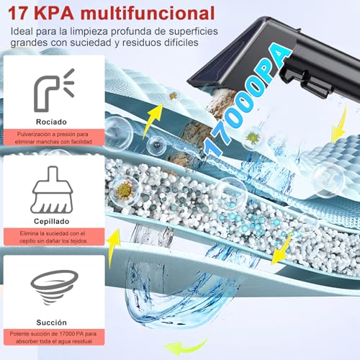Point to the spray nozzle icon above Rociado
[x=54, y=87]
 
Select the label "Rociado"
[x=54, y=122]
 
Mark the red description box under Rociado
[x=54, y=137]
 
